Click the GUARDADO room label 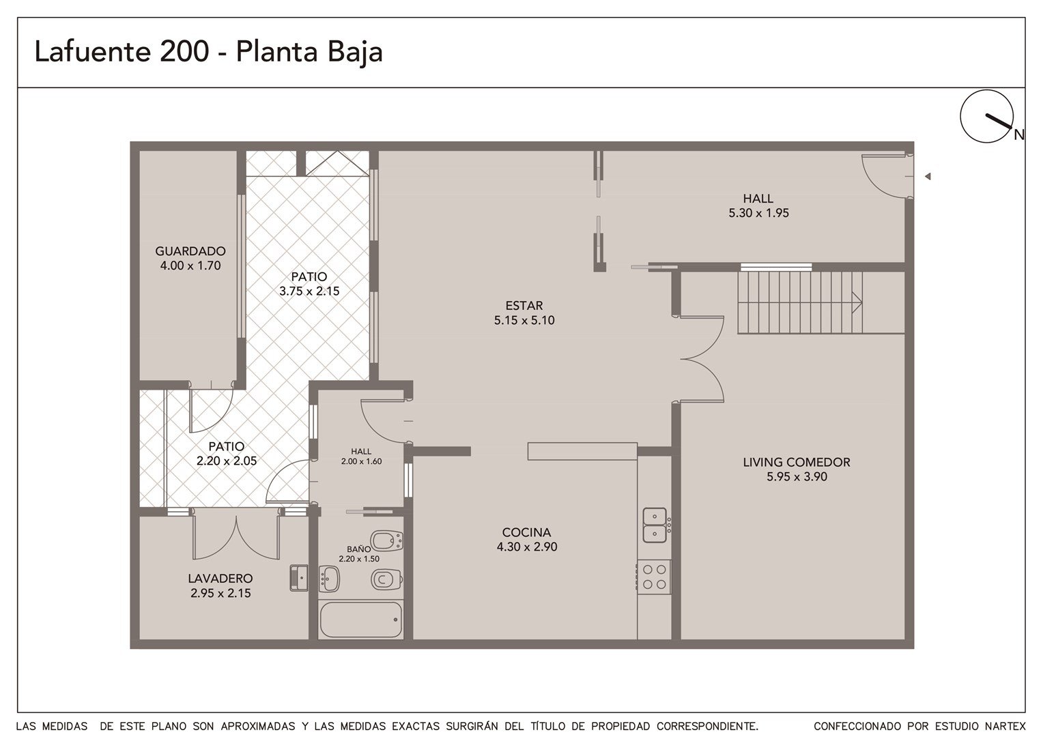point(190,251)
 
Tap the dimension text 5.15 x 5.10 point(524,320)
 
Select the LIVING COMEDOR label point(797,462)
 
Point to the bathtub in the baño point(361,619)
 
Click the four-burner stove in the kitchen point(654,577)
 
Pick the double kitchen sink point(655,525)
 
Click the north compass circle point(986,117)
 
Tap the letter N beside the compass point(1019,135)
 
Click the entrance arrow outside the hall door point(928,177)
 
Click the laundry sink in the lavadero point(299,578)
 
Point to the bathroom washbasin point(329,579)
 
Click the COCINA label point(526,532)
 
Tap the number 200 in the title point(184,51)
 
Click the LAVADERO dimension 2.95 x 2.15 point(220,593)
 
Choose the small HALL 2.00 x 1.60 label point(361,457)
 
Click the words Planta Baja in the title point(309,52)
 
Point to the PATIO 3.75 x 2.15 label point(309,284)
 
